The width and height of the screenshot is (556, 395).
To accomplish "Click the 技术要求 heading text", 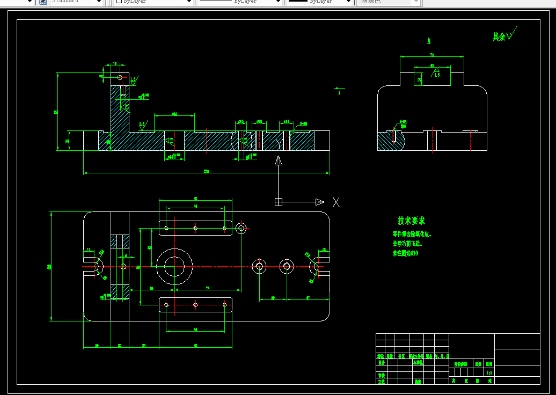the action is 411,221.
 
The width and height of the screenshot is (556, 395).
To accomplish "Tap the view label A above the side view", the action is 429,41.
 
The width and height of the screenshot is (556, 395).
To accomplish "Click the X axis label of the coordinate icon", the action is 336,202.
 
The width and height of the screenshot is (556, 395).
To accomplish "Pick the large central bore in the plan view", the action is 174,266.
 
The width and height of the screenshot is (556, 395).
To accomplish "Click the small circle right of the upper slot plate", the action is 241,228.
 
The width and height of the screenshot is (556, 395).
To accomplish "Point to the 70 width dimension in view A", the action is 432,55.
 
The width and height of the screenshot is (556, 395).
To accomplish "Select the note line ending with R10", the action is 405,253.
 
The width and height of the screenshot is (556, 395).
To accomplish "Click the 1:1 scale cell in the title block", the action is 489,372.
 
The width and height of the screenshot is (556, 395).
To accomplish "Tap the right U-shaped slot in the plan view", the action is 318,266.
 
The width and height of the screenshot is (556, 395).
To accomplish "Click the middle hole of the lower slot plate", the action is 195,305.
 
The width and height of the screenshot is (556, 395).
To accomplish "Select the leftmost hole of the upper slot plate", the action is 166,228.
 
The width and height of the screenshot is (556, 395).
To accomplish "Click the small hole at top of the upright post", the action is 120,77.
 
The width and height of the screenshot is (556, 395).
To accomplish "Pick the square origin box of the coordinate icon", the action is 278,202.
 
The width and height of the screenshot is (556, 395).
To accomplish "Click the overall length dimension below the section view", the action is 206,172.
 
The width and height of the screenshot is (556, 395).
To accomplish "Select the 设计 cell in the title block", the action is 381,363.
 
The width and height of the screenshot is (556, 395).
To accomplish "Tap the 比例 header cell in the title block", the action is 489,364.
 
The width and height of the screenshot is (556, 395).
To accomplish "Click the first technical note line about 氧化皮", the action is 412,235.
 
